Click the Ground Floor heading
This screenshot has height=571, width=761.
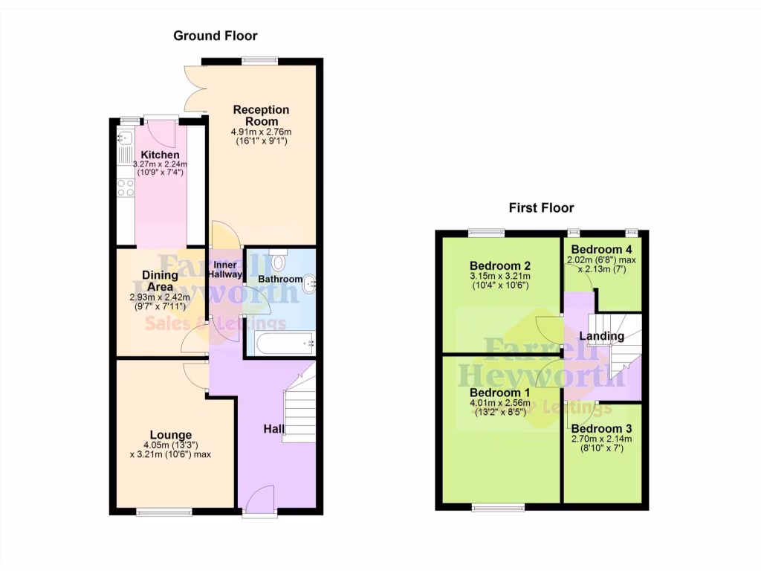[216, 36]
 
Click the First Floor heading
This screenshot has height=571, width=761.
[541, 208]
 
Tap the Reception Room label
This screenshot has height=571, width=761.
[261, 115]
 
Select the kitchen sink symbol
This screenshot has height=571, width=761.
[124, 138]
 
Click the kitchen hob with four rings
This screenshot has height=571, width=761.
[125, 187]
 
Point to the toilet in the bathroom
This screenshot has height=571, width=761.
[278, 262]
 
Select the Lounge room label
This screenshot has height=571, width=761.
[171, 435]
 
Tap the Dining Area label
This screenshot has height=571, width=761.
[160, 281]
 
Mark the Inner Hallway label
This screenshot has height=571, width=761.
[226, 270]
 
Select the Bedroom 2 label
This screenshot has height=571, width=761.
[500, 265]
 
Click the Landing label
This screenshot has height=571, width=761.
[602, 336]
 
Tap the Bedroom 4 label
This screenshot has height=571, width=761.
[602, 249]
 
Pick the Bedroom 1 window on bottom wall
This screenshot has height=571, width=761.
[498, 509]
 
